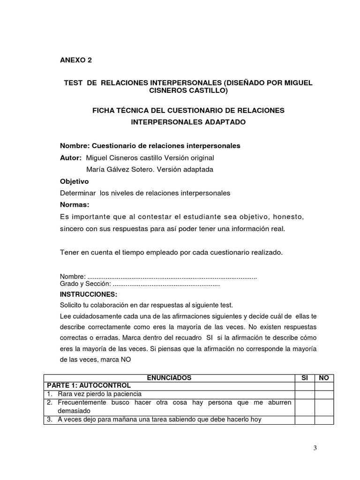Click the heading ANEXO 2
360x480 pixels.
tap(76, 60)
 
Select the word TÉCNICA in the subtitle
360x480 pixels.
tap(132, 110)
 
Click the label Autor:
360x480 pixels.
tap(71, 157)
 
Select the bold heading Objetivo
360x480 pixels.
tap(75, 181)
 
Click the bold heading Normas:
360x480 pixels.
tap(75, 205)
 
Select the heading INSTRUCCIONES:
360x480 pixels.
tap(89, 294)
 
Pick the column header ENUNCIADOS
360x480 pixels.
tap(169, 377)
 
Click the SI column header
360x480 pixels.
tap(304, 377)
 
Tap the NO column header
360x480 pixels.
tap(324, 377)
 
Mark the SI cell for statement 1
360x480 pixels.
tap(304, 394)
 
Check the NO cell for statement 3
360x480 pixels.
tap(324, 420)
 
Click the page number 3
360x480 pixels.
tap(315, 448)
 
